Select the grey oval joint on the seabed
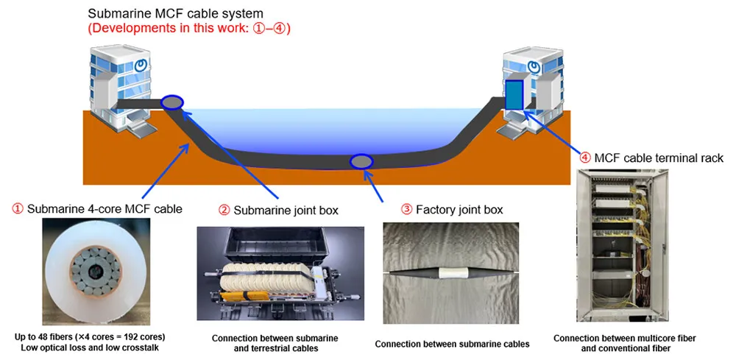click(x=361, y=161)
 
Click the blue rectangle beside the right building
click(x=514, y=95)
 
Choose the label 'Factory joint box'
click(x=459, y=210)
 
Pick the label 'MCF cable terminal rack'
click(x=659, y=158)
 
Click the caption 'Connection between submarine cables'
click(x=452, y=344)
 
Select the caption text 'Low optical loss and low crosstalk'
click(x=90, y=347)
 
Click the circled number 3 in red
click(x=406, y=210)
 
